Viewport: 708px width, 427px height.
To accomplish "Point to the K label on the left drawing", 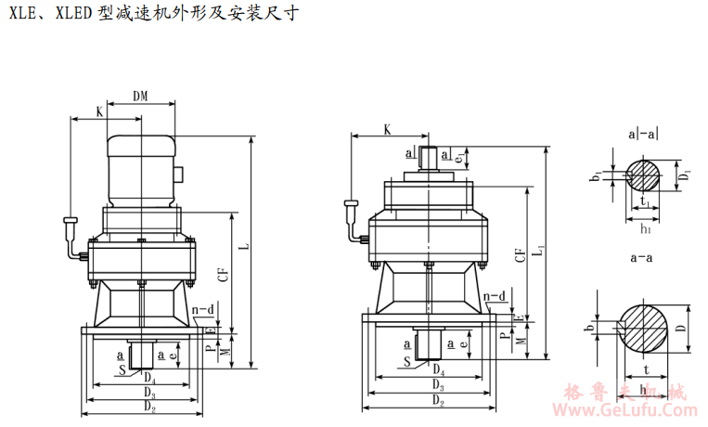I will point(99,111).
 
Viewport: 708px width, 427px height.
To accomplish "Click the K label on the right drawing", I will point(387,131).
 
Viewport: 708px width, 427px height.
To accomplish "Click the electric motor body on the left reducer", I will point(141,172).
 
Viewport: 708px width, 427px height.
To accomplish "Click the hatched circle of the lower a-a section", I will point(642,327).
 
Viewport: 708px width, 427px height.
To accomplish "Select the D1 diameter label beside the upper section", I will point(683,174).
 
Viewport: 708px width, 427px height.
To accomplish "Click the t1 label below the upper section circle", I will point(643,200).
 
